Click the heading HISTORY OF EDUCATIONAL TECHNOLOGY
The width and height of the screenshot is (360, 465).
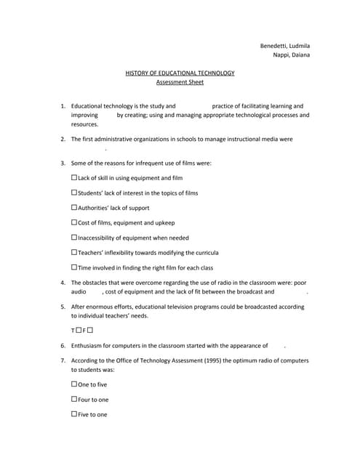coord(180,73)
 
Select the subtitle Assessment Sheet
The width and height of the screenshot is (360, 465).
coord(180,83)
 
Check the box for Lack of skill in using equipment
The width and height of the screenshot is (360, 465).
coord(74,177)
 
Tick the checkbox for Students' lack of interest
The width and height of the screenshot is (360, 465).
coord(74,193)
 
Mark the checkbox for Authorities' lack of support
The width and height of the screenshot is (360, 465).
coord(74,207)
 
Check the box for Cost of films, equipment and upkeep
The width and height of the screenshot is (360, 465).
coord(74,222)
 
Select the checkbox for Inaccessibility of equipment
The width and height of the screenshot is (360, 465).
coord(74,238)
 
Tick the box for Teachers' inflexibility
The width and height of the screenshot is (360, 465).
coord(74,252)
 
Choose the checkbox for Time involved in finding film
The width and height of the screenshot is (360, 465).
coord(74,267)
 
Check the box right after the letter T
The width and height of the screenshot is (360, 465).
coord(79,331)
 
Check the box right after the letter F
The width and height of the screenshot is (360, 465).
coord(90,331)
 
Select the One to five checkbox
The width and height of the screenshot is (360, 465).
coord(74,384)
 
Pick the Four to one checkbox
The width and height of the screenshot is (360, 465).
coord(74,399)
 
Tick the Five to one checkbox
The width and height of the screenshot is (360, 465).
coord(74,414)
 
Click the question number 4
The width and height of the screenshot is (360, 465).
coord(63,283)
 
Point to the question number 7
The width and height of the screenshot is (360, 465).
coord(63,360)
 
